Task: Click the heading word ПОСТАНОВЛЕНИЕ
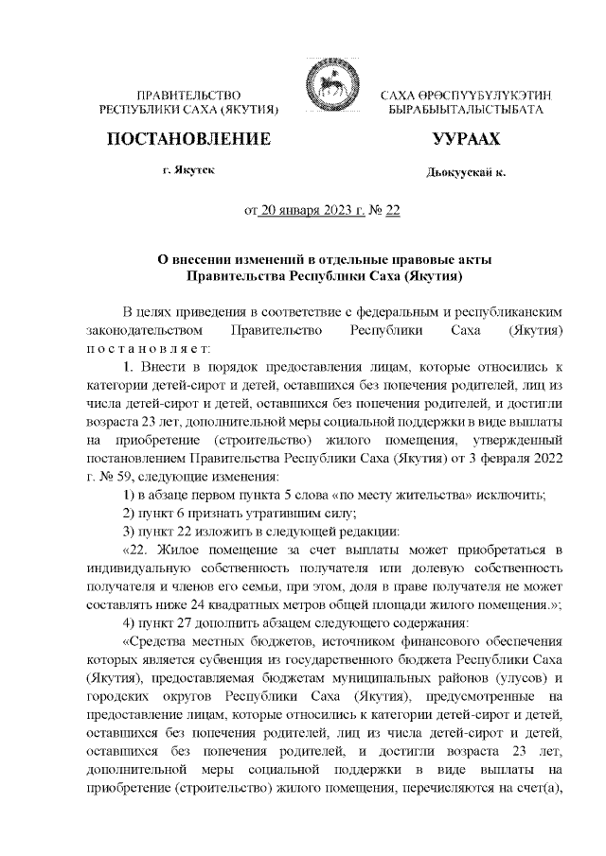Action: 189,140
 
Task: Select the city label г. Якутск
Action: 188,174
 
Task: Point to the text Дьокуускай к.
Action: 466,175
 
